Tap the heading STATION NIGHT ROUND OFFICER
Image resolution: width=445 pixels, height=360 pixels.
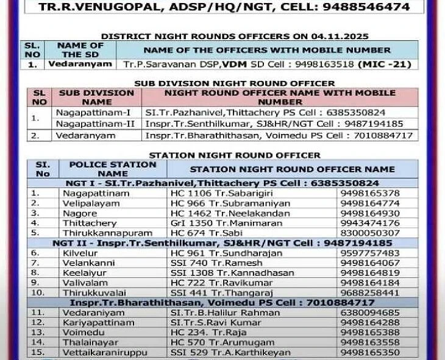(x=235, y=155)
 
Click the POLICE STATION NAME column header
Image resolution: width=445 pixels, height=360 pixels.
(x=113, y=169)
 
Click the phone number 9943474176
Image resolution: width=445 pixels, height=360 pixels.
(x=370, y=222)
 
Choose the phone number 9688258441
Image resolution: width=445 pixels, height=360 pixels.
(x=370, y=292)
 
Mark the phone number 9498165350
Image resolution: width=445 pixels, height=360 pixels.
(x=370, y=352)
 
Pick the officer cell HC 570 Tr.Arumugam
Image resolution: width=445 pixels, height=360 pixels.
(x=213, y=342)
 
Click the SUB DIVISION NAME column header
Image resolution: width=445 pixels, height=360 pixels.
(x=96, y=97)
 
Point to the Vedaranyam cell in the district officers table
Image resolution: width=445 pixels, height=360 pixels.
(x=80, y=64)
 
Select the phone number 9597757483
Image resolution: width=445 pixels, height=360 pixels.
(x=370, y=253)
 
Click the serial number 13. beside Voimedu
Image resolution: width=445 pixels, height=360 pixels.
(x=39, y=332)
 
